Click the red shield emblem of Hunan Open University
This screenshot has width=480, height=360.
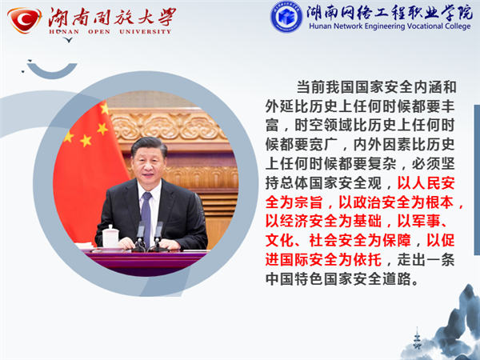coord(25,20)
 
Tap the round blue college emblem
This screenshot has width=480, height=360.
coord(286,17)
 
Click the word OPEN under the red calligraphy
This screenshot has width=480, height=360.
coord(99,32)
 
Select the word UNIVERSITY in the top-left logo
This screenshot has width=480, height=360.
coord(145,32)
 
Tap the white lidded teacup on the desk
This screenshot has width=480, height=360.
coord(110,236)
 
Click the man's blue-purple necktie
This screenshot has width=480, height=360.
coord(146,215)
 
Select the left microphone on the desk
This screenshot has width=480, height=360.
coord(141,234)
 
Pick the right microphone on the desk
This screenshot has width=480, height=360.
coord(158,234)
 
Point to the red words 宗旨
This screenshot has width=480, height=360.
coord(309,202)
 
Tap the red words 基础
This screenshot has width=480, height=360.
coord(367,222)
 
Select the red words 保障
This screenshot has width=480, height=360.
coord(397,241)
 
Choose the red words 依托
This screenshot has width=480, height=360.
coord(367,260)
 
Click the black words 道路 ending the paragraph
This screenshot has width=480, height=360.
coord(397,279)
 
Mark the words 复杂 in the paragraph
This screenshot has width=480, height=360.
coord(382,164)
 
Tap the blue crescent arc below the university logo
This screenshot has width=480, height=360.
coord(52,72)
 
